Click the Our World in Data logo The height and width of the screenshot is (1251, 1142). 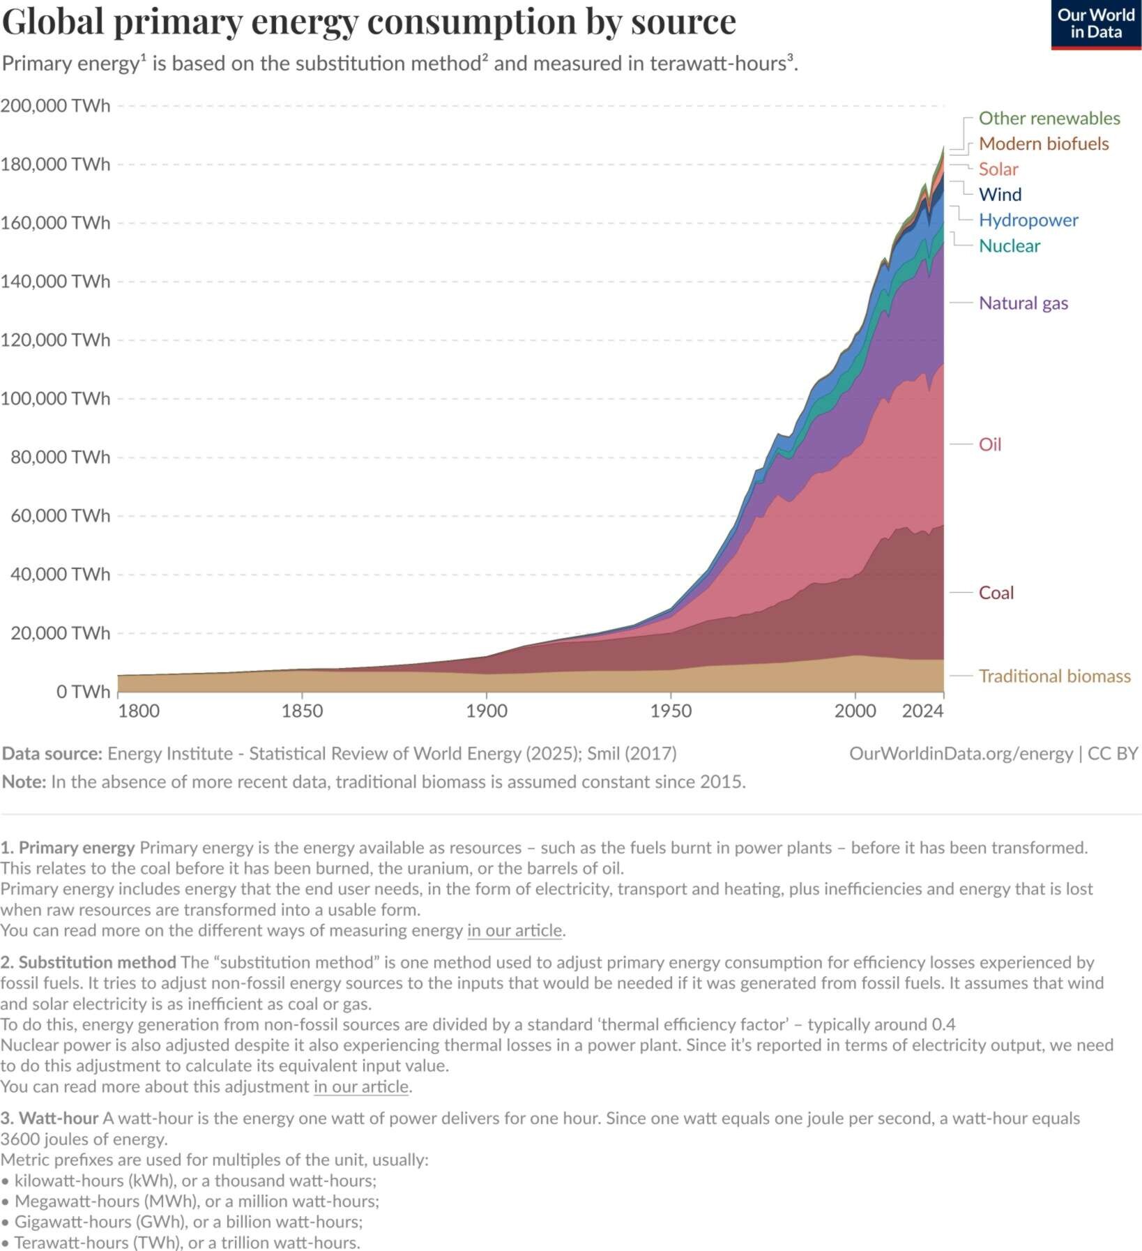(x=1095, y=24)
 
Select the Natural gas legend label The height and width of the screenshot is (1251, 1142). (x=1023, y=303)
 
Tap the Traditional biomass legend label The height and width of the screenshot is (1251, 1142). (x=1054, y=676)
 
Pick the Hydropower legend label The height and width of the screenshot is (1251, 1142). (x=1028, y=220)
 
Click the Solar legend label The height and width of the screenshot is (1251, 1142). (x=998, y=169)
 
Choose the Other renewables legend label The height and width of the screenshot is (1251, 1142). (x=1049, y=119)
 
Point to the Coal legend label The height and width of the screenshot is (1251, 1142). (x=996, y=593)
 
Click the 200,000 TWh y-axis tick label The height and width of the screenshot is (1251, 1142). (x=55, y=105)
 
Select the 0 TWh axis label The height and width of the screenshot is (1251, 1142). (x=83, y=691)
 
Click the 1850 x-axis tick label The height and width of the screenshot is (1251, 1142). (x=302, y=711)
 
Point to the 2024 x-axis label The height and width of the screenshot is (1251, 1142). (x=922, y=711)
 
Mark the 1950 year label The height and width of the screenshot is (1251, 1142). (x=671, y=711)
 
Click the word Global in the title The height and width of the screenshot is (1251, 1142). (x=53, y=22)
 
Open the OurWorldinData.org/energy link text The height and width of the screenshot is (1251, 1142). (x=961, y=754)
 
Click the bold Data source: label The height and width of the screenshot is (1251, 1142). (x=52, y=754)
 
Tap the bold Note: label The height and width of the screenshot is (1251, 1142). (x=24, y=782)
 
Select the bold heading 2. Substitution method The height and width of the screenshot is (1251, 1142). (x=88, y=962)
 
